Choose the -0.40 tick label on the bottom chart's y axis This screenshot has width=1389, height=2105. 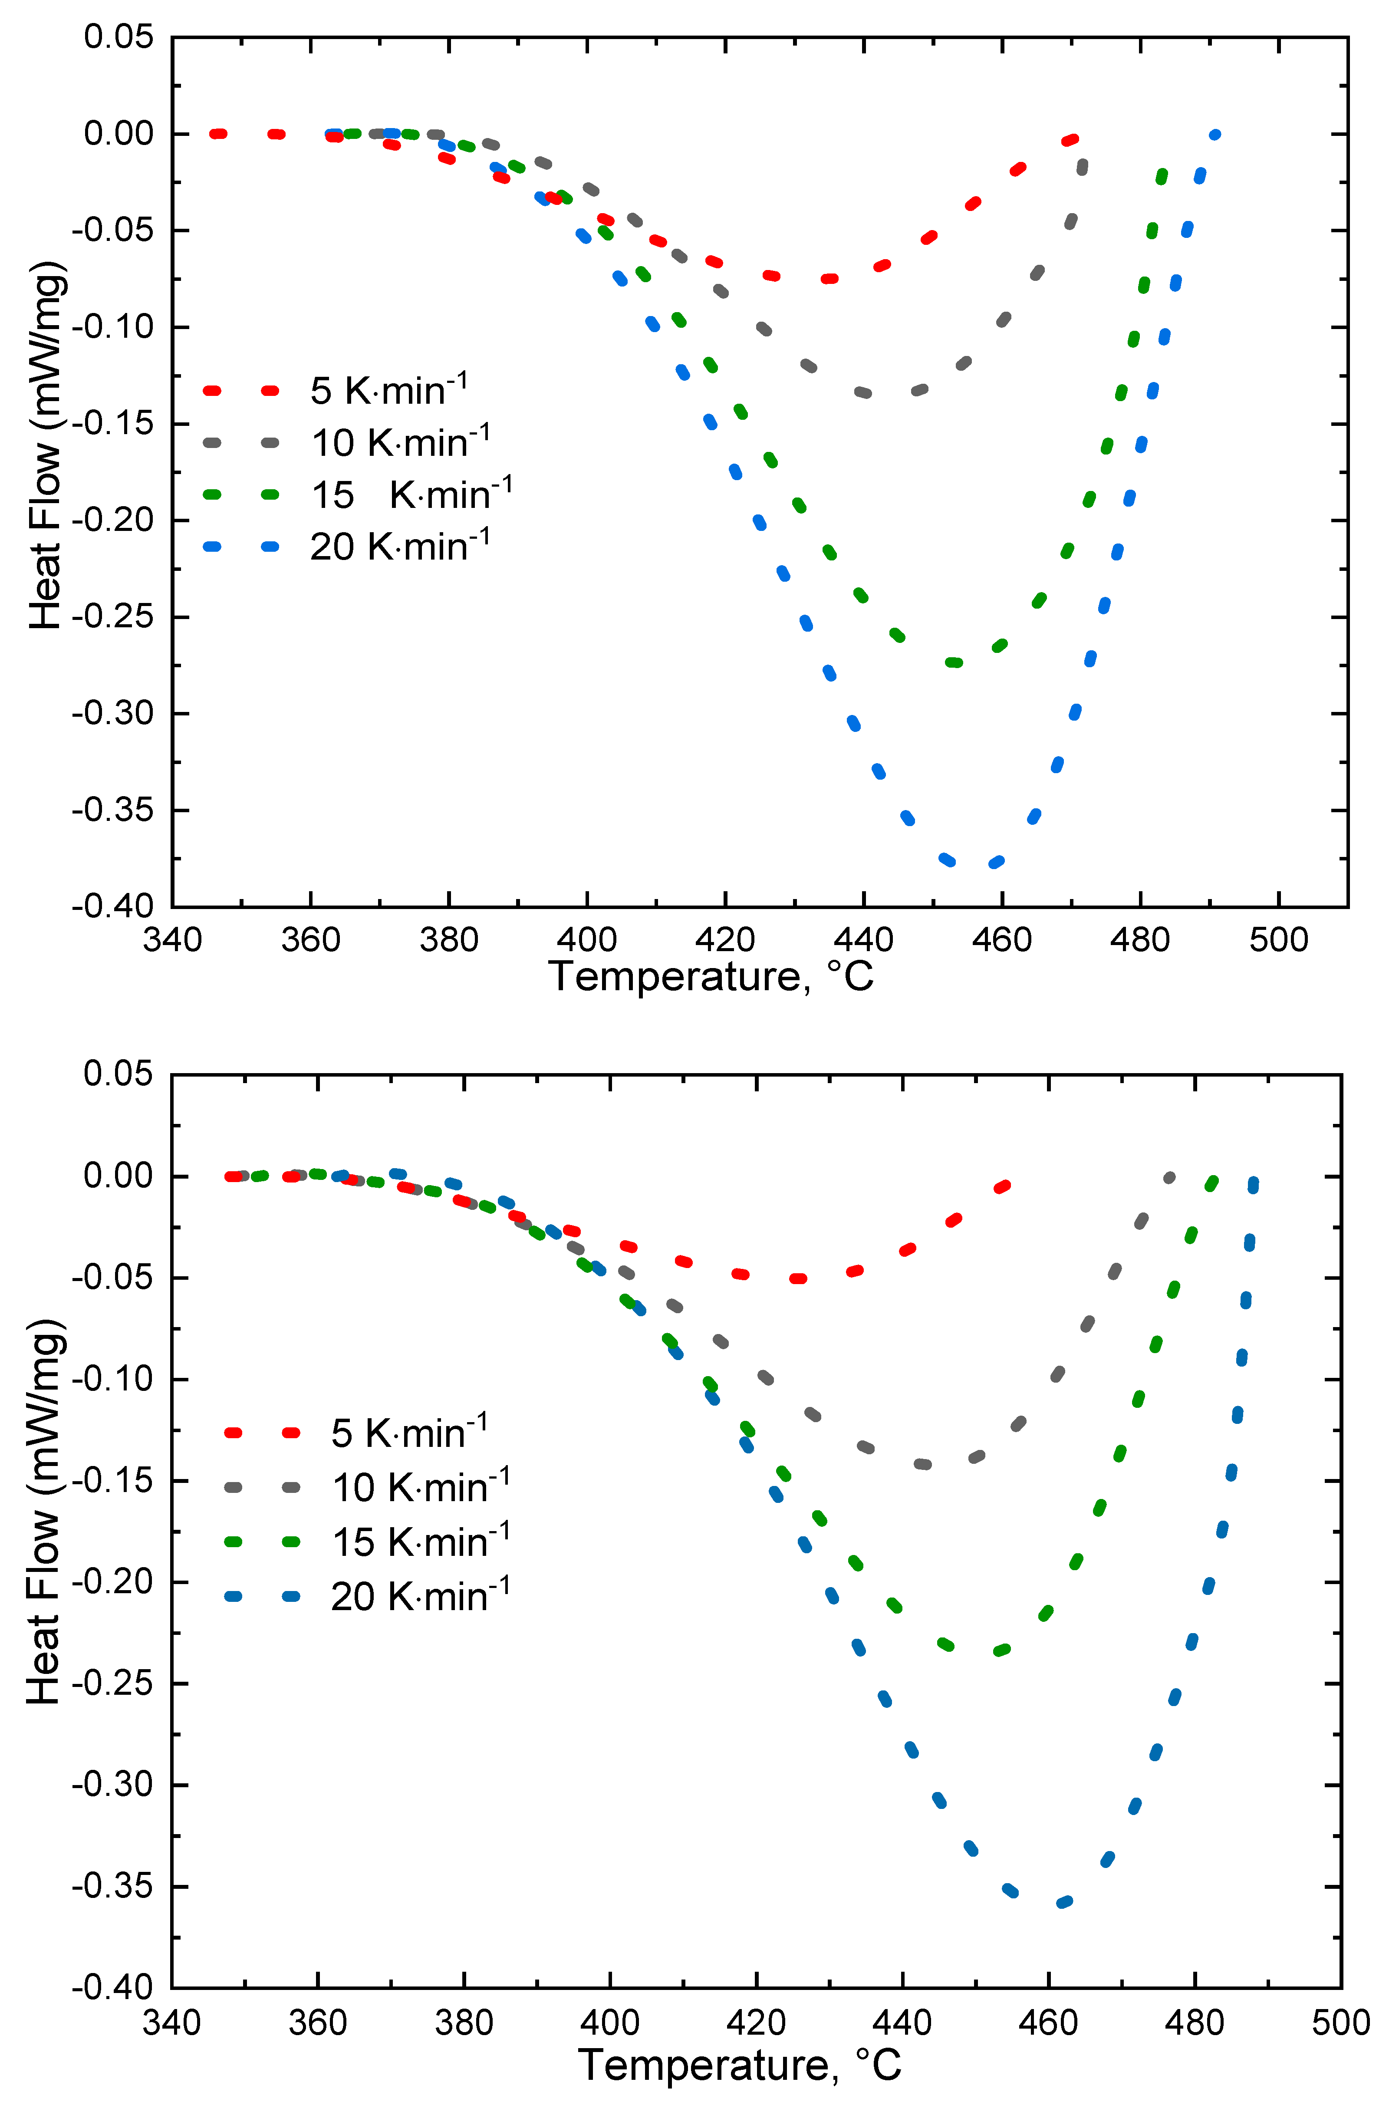point(112,1987)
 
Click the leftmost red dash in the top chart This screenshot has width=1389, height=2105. point(218,134)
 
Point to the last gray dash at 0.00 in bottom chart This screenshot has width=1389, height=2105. point(1169,1177)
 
